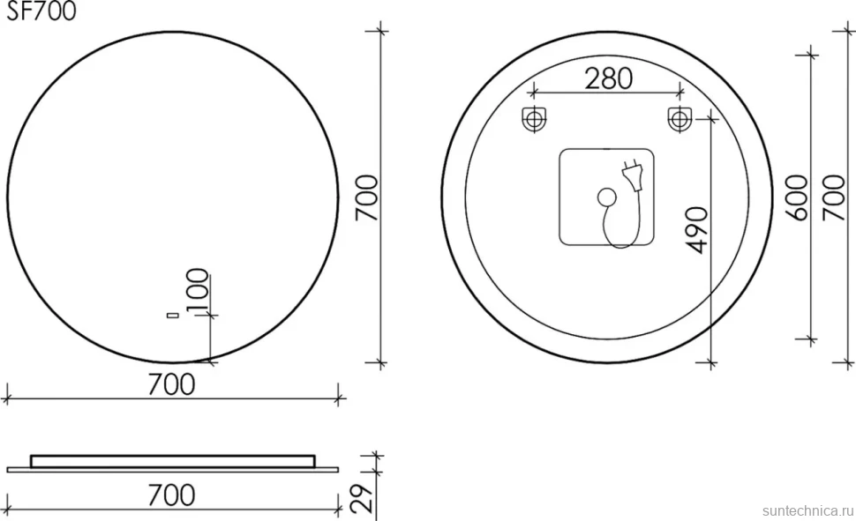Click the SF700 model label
(x=41, y=11)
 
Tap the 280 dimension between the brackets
(x=609, y=79)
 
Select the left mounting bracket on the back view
(x=535, y=118)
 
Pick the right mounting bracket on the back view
(x=680, y=118)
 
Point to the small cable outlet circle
(x=605, y=197)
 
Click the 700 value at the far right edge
(x=834, y=197)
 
